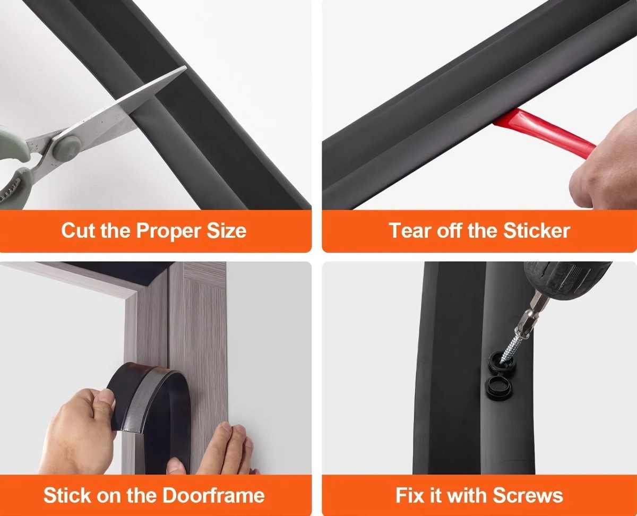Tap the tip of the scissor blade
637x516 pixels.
(x=186, y=67)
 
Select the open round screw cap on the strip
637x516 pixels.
(x=498, y=387)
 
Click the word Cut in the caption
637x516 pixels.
(x=78, y=230)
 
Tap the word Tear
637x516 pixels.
(x=410, y=230)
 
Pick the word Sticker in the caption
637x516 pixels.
(x=537, y=230)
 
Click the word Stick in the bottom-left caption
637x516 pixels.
(x=67, y=495)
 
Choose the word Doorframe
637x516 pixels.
(x=213, y=495)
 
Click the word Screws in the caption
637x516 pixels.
(x=528, y=495)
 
